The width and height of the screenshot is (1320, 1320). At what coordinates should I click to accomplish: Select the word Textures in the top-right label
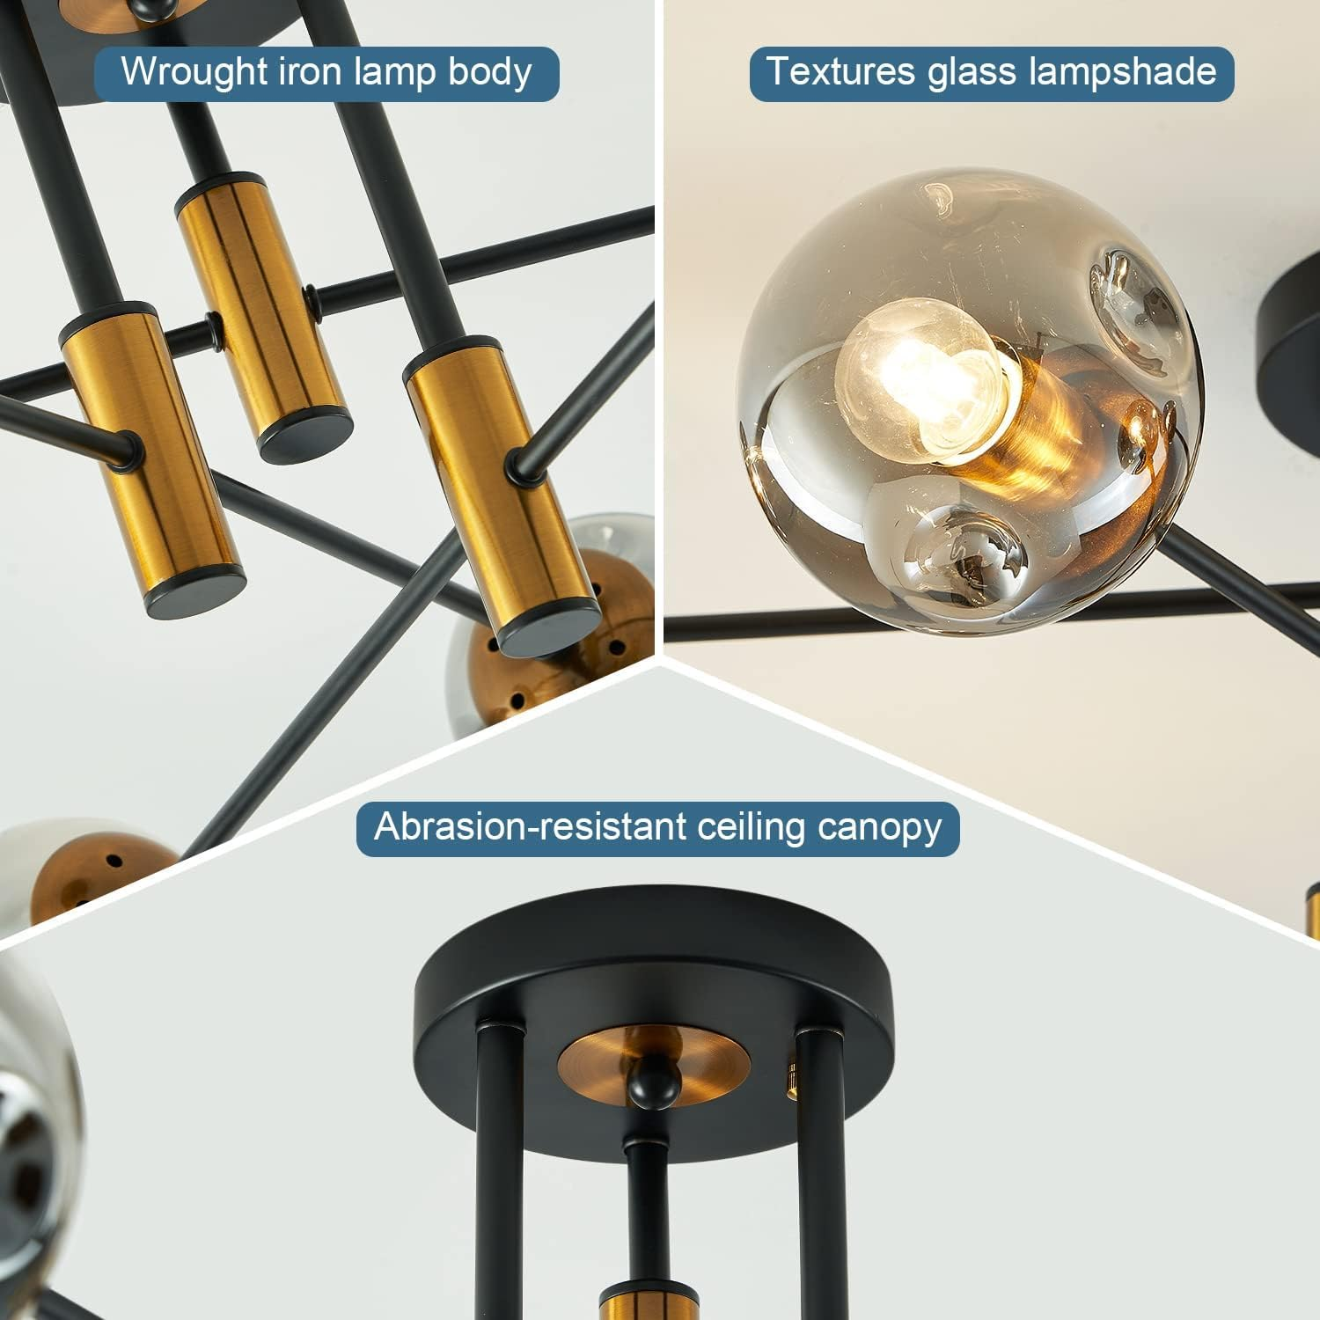[840, 72]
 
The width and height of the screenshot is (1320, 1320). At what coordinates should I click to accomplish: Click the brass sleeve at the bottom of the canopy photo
[650, 1302]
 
